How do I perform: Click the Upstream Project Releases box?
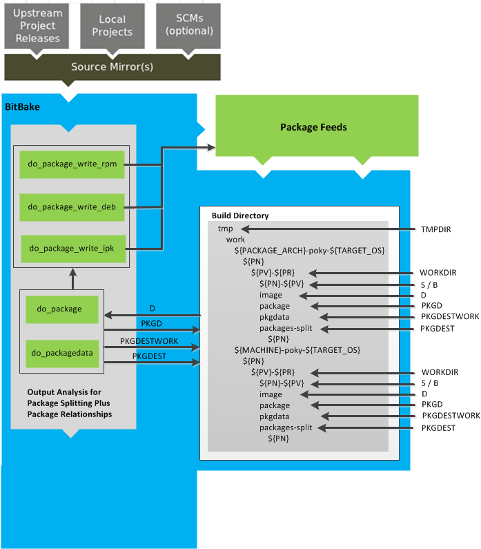[x=38, y=26]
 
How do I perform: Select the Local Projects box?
[x=111, y=26]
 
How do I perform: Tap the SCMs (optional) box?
[x=187, y=25]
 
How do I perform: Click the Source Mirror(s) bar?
[x=112, y=67]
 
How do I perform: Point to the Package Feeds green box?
[x=313, y=127]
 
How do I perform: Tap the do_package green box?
[x=59, y=309]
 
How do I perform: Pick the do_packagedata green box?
[x=59, y=352]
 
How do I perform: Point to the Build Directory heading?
[x=240, y=215]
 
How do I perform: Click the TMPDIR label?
[x=435, y=229]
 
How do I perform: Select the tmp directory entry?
[x=225, y=229]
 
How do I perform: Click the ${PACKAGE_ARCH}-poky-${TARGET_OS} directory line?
[x=309, y=250]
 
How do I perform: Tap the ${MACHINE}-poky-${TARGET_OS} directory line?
[x=297, y=350]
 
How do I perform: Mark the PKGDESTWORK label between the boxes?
[x=149, y=341]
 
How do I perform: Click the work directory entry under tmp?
[x=235, y=240]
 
